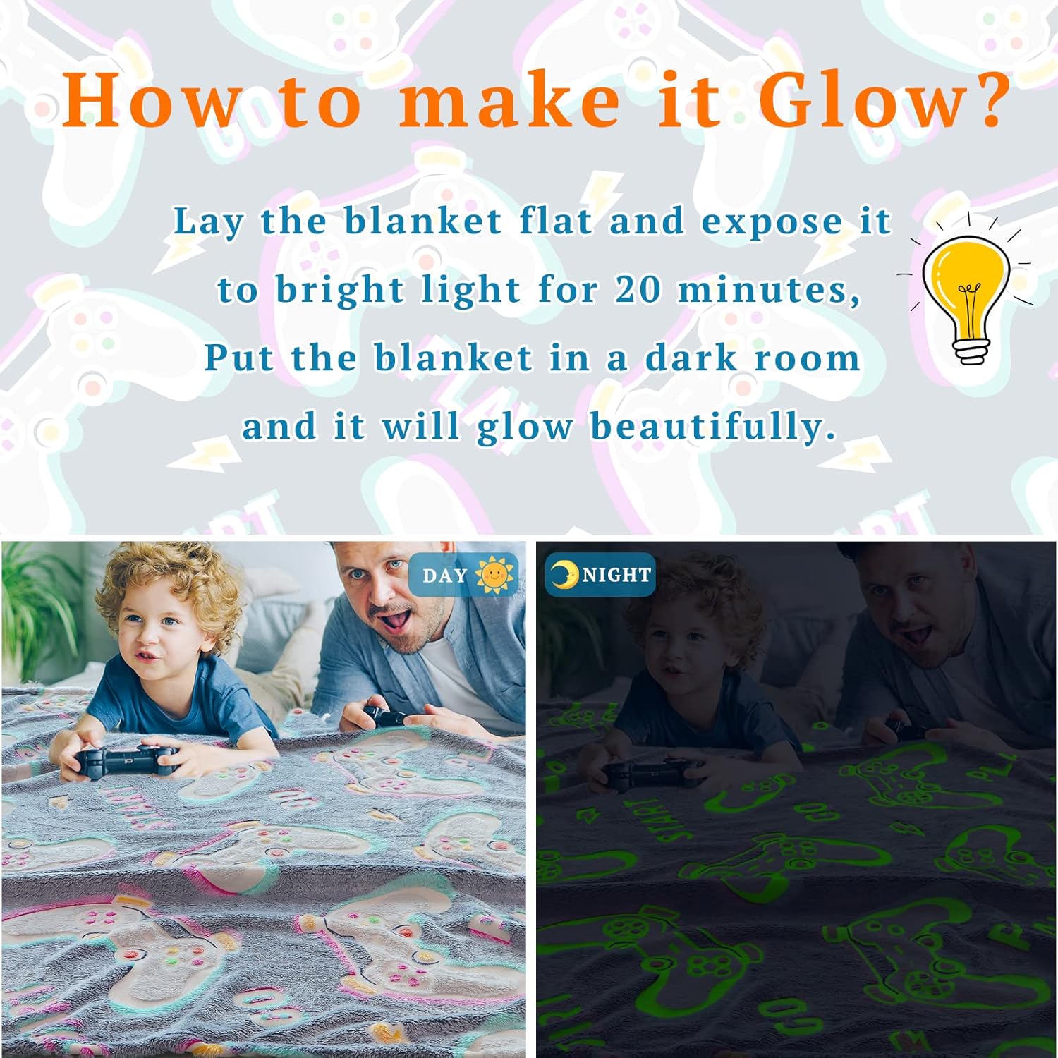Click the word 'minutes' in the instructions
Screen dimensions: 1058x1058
(769, 289)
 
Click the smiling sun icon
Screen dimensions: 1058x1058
(495, 575)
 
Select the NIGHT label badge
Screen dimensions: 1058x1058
(600, 575)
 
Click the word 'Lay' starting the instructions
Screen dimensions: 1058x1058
(208, 221)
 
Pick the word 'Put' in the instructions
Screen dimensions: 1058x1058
(238, 358)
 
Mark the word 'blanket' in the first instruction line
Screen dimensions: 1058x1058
(423, 221)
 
